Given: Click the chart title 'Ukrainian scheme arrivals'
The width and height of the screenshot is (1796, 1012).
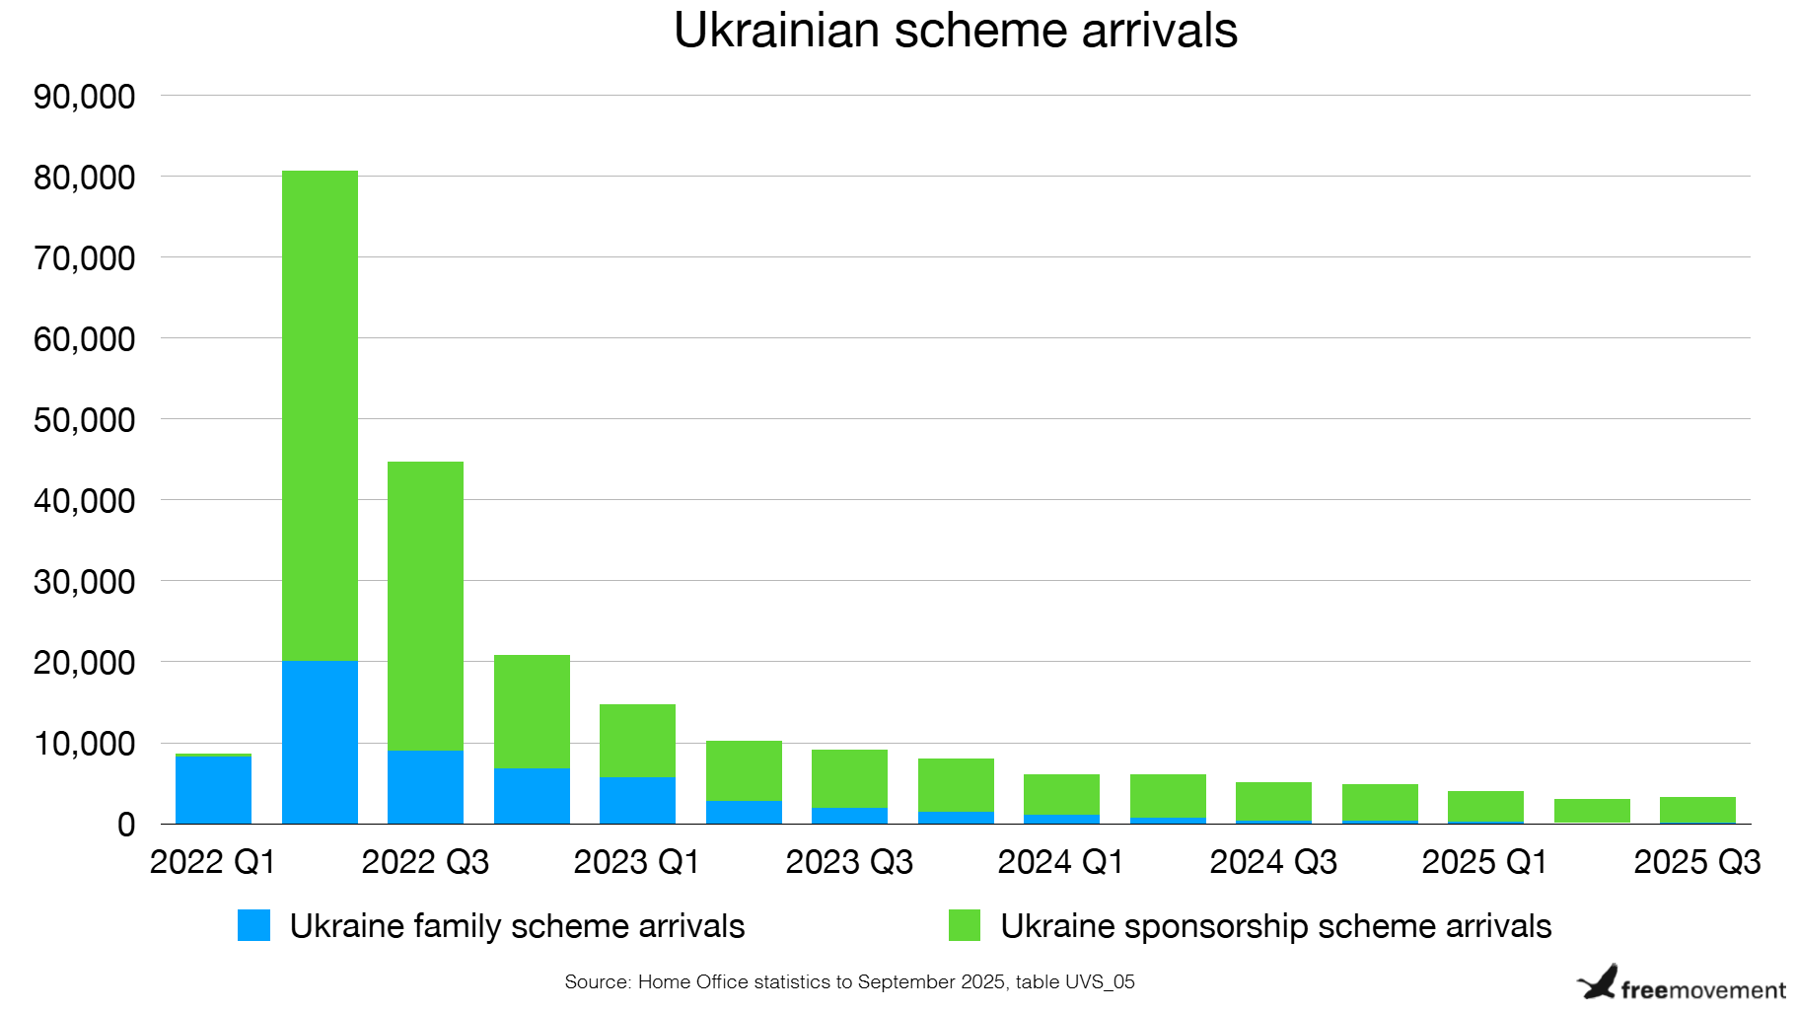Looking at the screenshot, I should point(955,32).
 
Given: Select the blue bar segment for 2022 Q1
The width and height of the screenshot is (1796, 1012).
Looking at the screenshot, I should point(213,789).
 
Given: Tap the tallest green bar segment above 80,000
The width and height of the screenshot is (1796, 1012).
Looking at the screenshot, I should point(320,414).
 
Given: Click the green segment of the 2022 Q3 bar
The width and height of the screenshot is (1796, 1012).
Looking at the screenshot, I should point(425,606).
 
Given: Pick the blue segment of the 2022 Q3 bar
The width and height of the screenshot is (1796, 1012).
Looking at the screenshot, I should point(425,787).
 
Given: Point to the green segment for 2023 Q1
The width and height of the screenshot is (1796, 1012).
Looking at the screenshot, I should point(637,740).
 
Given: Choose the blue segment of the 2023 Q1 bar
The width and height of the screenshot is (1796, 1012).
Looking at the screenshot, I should point(637,800).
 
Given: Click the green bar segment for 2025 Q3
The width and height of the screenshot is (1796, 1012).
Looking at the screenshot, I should point(1696,809).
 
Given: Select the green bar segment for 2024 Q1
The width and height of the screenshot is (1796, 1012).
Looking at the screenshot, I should point(1061,794).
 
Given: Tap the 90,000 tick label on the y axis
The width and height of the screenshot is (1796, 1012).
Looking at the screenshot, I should point(84,97).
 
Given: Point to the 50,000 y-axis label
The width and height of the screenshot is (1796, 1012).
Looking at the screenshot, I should point(84,420).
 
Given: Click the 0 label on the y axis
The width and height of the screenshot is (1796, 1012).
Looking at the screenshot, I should point(125,825).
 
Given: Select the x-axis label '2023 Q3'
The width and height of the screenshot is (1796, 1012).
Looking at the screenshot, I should point(849,862).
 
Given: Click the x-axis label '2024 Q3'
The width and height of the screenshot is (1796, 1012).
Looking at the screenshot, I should point(1272,862).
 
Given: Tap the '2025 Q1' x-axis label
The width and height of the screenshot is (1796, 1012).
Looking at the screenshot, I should point(1484,862).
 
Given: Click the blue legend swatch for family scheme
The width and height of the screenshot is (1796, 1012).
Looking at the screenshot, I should point(253,925).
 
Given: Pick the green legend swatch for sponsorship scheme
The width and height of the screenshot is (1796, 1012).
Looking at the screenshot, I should point(964,925).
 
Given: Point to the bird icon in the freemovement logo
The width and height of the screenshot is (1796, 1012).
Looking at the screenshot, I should point(1598,982).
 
